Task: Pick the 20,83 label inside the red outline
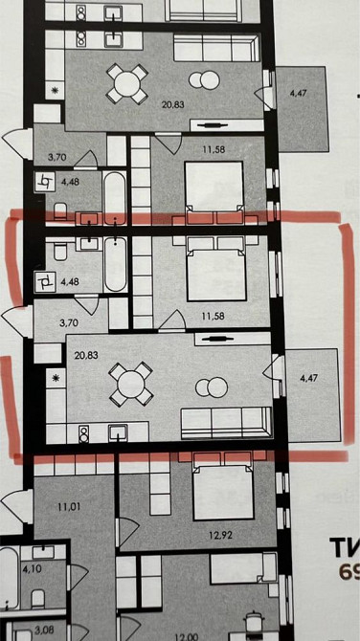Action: (x=85, y=353)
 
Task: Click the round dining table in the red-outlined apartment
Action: (x=127, y=385)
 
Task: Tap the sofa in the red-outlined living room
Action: (x=226, y=420)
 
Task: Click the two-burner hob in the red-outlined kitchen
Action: (x=83, y=434)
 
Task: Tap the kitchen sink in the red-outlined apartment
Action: (x=120, y=432)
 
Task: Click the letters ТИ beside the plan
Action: (x=344, y=548)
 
